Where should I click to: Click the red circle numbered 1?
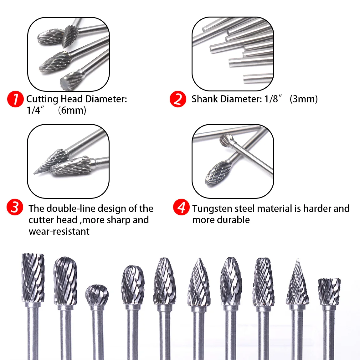coord(15,99)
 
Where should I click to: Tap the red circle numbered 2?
coord(178,99)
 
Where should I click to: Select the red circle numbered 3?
coord(15,207)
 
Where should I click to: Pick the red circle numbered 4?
coord(181,207)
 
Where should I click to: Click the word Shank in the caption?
coord(204,99)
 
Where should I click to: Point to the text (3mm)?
coord(304,99)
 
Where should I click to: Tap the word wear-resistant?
coord(59,231)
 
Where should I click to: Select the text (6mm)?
coord(72,110)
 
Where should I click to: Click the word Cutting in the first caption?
coord(42,99)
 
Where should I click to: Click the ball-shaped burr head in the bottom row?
coord(97,295)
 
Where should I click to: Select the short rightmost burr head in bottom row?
coord(329,291)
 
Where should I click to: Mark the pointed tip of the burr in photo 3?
coord(34,173)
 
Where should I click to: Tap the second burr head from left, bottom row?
coord(65,281)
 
